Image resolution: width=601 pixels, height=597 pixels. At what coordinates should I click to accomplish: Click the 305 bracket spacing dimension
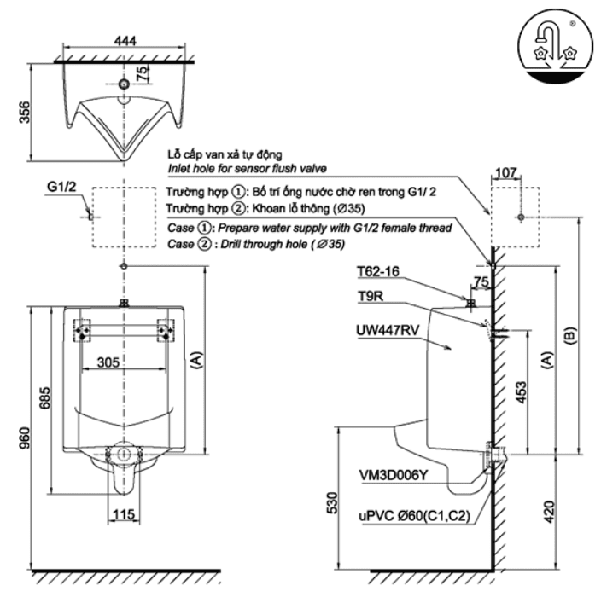[x=125, y=361]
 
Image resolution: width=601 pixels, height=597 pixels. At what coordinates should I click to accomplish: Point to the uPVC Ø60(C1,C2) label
[x=409, y=515]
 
